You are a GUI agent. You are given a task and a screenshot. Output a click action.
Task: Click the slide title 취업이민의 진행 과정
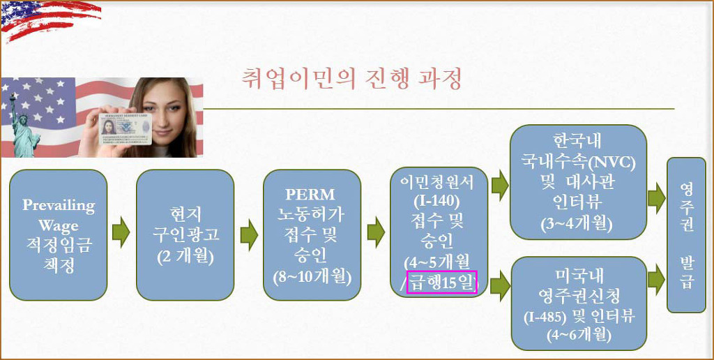click(351, 79)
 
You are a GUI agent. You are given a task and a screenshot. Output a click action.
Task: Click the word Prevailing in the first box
click(59, 205)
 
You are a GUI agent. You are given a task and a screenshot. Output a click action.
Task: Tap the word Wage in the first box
click(59, 225)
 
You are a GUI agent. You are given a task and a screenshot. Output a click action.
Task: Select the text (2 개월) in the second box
click(185, 256)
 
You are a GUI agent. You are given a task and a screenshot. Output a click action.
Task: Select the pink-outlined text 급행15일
click(441, 283)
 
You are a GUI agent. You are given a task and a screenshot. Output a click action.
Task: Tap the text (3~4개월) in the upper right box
click(578, 223)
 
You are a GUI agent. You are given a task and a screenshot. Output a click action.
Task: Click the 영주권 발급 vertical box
click(686, 235)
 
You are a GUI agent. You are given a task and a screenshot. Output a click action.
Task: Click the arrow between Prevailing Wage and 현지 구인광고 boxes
click(121, 232)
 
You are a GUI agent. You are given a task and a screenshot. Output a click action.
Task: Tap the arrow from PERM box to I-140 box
click(376, 232)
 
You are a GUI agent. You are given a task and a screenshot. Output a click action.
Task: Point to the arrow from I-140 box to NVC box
click(500, 186)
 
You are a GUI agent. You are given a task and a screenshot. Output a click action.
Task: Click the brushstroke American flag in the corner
click(50, 19)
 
